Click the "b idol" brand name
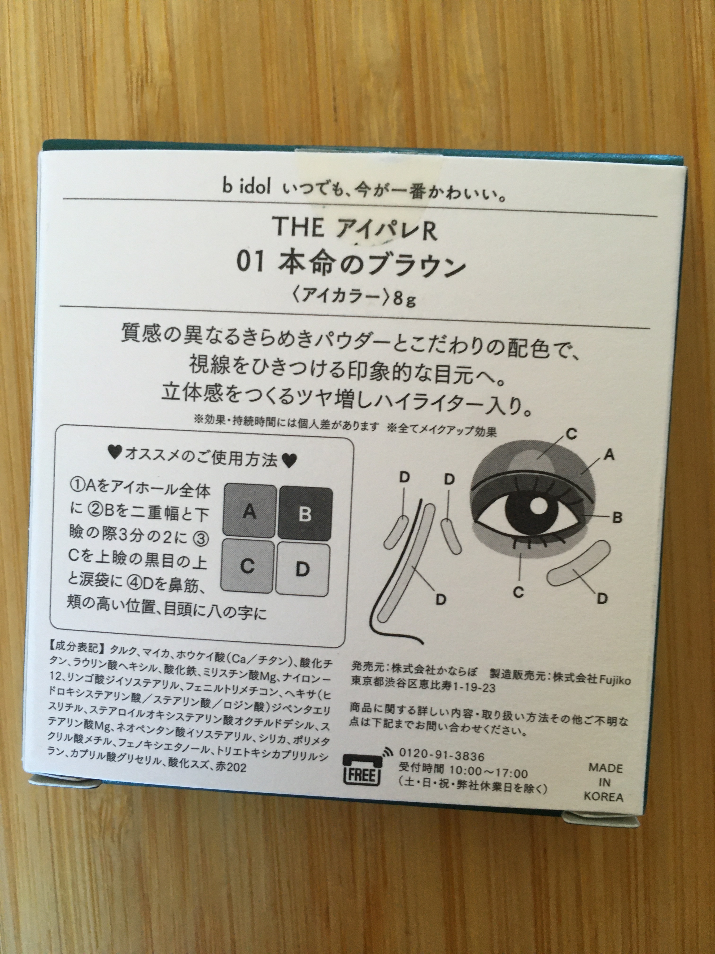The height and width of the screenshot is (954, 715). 247,189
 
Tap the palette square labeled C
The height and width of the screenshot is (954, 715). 247,566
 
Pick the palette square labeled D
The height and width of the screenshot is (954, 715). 303,568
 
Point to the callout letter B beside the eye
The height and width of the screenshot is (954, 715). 617,517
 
